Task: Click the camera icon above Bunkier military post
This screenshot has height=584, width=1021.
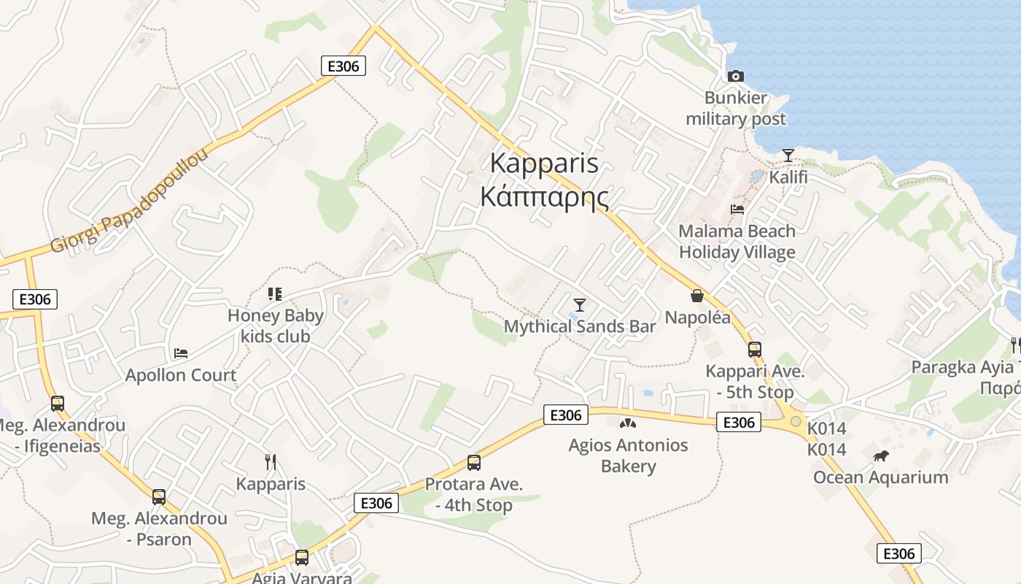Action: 735,76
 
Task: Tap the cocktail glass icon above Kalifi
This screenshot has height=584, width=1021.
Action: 788,155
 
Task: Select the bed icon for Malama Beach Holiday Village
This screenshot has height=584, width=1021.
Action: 737,210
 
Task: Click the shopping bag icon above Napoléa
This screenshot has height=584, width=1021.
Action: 696,296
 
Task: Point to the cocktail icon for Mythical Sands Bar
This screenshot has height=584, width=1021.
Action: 580,304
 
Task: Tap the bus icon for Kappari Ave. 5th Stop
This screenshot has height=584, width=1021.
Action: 755,349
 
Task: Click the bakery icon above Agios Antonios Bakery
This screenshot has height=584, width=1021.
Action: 627,423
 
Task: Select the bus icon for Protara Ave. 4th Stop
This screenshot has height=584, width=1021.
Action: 474,462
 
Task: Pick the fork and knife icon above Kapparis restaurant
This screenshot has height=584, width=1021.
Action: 271,461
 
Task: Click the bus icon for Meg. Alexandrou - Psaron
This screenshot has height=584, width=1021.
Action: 159,496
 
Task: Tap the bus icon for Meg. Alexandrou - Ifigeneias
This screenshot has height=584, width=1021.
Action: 58,403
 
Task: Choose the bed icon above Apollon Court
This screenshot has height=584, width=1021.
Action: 181,353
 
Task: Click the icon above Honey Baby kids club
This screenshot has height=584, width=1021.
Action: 275,294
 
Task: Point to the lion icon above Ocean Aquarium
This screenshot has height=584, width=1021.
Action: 881,456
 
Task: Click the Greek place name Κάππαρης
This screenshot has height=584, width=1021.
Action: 544,197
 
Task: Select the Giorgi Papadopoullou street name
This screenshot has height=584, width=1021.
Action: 130,199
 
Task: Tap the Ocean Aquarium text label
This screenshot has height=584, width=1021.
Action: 881,477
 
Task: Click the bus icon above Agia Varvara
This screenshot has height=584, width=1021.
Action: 301,557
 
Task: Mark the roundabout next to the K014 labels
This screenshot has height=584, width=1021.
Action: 795,421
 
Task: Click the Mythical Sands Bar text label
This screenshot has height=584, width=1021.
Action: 580,326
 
